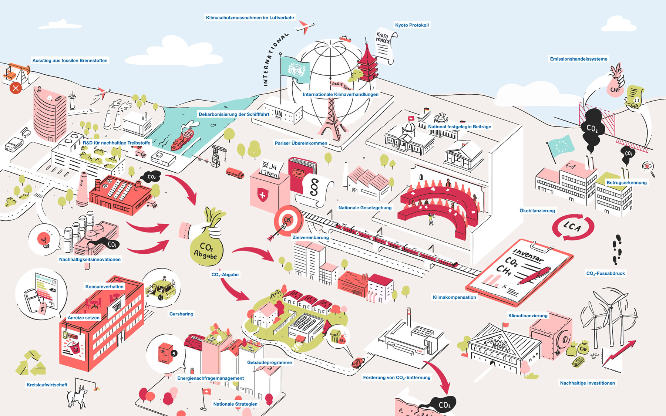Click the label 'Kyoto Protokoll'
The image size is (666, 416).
coord(412,25)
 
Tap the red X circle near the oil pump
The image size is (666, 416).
coord(16,88)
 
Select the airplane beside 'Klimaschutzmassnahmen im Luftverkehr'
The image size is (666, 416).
coord(305,27)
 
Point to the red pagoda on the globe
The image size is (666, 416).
coord(367,65)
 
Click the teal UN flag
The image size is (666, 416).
coord(295,70)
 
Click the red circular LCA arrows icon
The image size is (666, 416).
coord(573,227)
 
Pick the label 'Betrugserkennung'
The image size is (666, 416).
coord(626,183)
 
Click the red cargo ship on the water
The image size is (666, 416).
coord(182,140)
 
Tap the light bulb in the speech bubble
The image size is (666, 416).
coord(44,240)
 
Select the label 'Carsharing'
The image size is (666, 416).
coord(181,314)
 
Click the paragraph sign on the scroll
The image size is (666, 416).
coord(314,187)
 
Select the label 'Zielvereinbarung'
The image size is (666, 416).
coord(310,237)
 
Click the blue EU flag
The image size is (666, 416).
coord(561,145)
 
